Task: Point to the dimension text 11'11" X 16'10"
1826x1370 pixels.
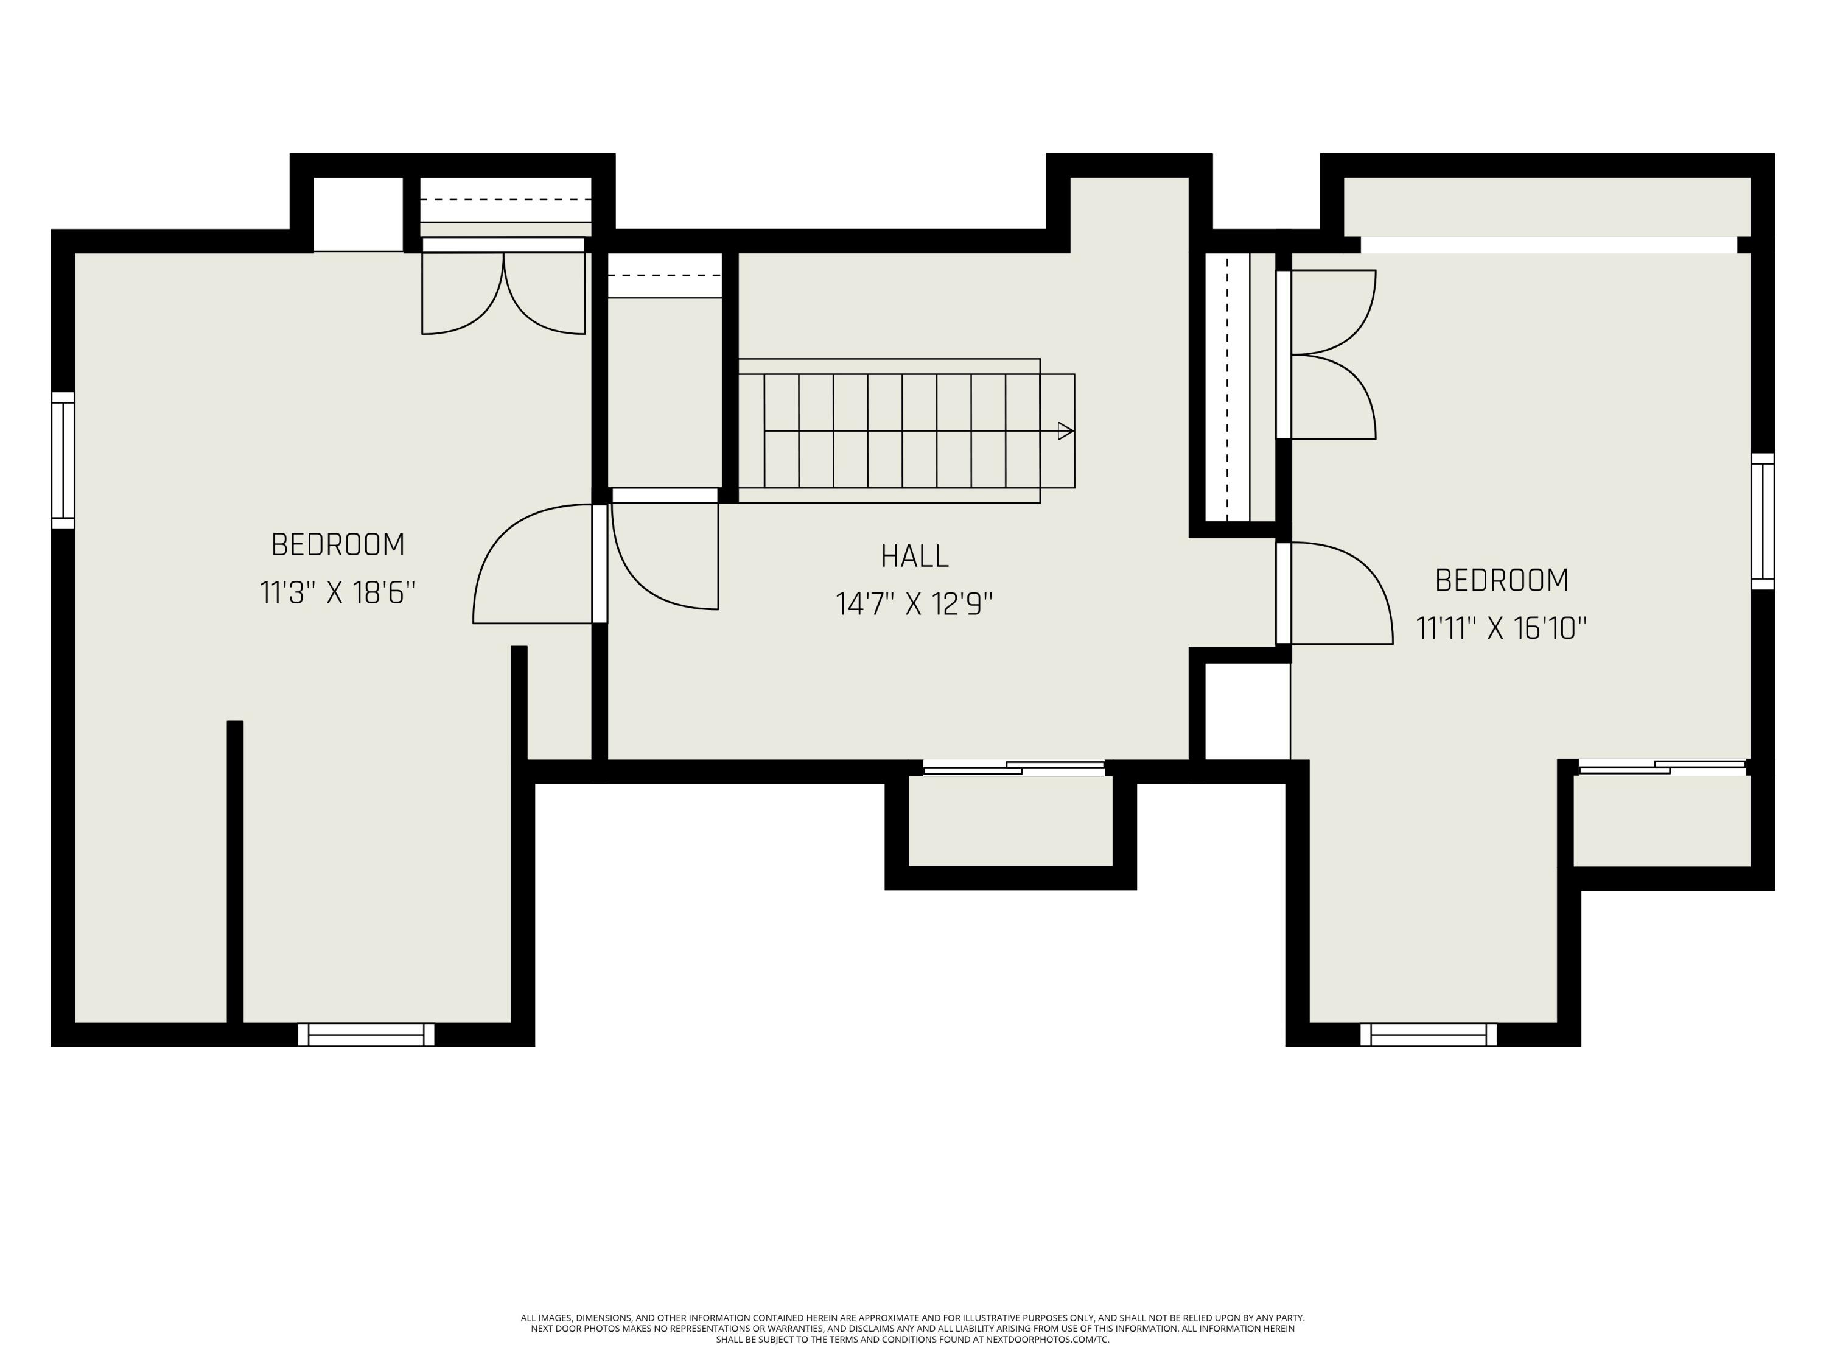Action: click(1502, 628)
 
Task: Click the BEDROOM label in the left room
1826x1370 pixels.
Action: click(338, 545)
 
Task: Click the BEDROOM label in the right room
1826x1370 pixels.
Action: click(1502, 580)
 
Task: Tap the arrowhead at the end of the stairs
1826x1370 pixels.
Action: click(1065, 431)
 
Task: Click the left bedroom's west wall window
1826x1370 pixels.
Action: click(63, 460)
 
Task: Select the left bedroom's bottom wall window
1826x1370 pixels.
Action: click(366, 1035)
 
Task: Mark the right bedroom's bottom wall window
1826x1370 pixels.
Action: click(1428, 1035)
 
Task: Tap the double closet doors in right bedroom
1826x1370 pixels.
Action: click(1329, 354)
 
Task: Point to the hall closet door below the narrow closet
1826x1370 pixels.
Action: click(665, 553)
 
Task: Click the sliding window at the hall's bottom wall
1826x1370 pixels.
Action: click(1013, 768)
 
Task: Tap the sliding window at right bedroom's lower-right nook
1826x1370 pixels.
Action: click(1662, 767)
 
